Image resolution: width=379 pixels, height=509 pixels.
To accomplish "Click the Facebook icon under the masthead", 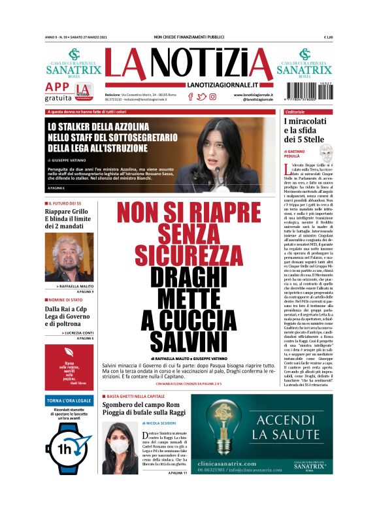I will point(190,97).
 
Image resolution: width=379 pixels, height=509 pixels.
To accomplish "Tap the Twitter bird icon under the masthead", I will point(201,97).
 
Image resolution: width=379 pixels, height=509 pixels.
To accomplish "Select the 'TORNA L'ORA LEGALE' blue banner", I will point(69,400).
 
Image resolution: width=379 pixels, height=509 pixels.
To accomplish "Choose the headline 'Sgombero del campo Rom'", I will point(143,406).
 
